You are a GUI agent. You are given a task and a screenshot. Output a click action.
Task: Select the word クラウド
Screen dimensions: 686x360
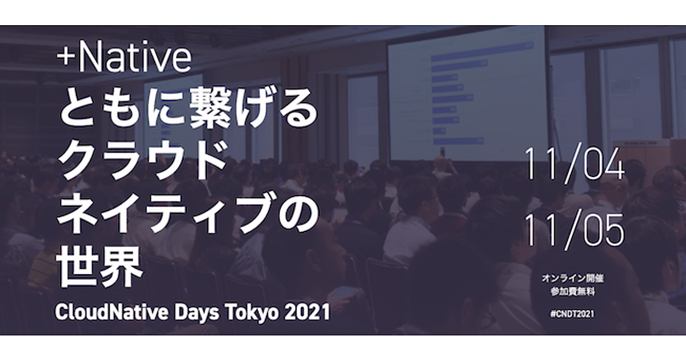143,160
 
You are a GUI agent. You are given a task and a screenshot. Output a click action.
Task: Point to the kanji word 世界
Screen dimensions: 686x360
99,266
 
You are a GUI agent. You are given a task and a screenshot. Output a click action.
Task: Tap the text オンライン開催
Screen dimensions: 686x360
573,278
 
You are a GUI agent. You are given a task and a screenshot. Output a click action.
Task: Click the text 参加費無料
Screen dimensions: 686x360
573,292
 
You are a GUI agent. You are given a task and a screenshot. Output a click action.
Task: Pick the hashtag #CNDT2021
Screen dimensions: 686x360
572,314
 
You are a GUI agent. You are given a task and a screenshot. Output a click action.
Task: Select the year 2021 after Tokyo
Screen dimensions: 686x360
307,312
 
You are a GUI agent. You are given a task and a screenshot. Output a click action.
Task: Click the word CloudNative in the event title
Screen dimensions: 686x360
111,312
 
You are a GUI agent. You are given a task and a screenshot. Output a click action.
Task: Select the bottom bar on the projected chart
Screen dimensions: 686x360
458,141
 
